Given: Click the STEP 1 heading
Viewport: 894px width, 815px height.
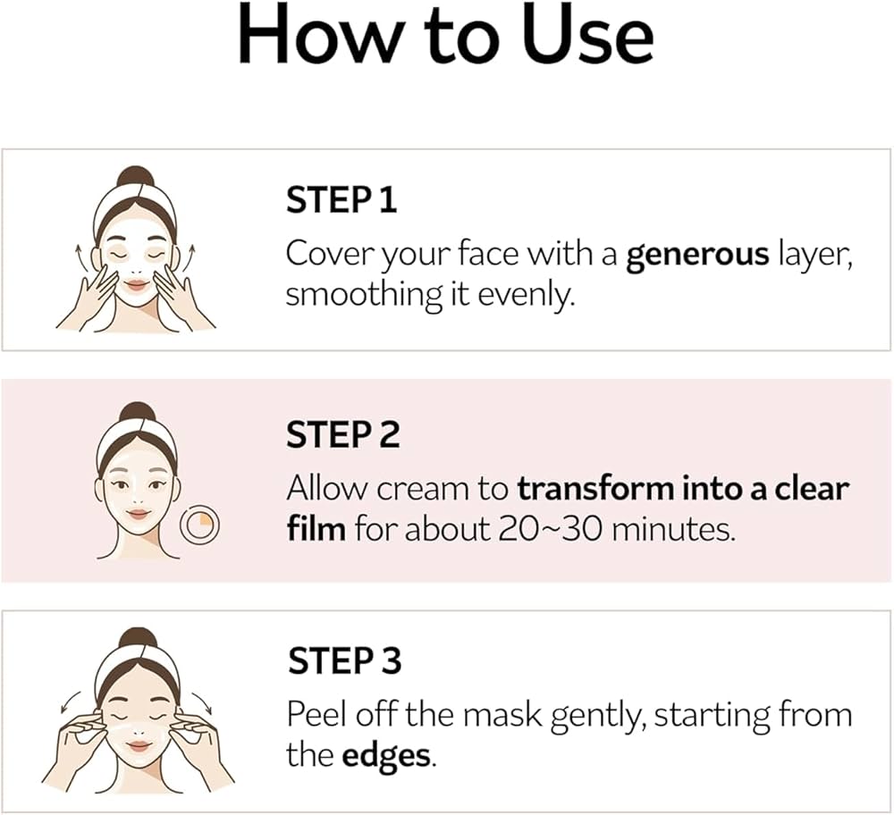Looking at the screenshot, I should [x=341, y=200].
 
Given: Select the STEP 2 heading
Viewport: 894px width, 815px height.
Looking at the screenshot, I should [x=342, y=435].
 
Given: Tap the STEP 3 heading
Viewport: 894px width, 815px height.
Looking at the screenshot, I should [x=344, y=661].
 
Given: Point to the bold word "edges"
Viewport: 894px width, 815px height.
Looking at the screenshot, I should [x=387, y=756].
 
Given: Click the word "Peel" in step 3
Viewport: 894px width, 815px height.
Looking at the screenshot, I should [x=315, y=715].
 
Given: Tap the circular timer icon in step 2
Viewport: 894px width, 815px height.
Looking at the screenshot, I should [x=198, y=526].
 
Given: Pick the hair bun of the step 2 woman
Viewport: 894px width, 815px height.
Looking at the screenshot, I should [x=137, y=412].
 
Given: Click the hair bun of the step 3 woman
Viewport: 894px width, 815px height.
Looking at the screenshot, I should [x=138, y=638].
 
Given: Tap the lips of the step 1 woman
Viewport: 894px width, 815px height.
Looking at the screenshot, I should [x=136, y=284].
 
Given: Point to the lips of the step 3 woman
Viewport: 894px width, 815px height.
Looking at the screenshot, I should [x=138, y=745].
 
